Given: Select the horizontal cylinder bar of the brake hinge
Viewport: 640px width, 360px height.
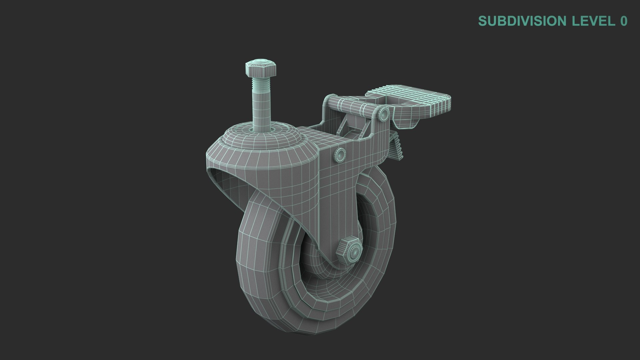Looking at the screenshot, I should coord(353,107).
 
